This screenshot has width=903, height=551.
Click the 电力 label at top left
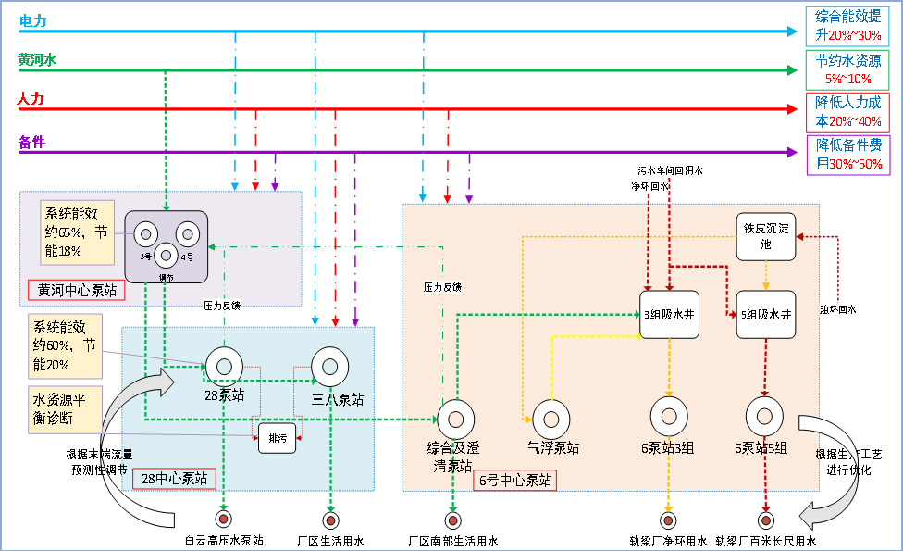click(x=32, y=20)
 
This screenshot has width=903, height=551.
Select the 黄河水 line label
click(x=37, y=60)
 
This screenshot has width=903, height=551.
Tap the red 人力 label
click(x=31, y=98)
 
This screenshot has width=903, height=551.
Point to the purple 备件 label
click(x=31, y=142)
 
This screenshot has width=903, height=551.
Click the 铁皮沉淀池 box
click(x=765, y=235)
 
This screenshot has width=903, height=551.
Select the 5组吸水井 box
click(x=765, y=314)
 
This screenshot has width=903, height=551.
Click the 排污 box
click(x=278, y=437)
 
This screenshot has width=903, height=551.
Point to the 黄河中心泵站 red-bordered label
click(x=77, y=290)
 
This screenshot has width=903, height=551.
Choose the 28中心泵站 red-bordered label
click(x=174, y=479)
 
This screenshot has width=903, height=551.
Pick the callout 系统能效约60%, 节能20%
click(x=64, y=345)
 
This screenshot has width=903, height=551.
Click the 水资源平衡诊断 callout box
click(x=64, y=408)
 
